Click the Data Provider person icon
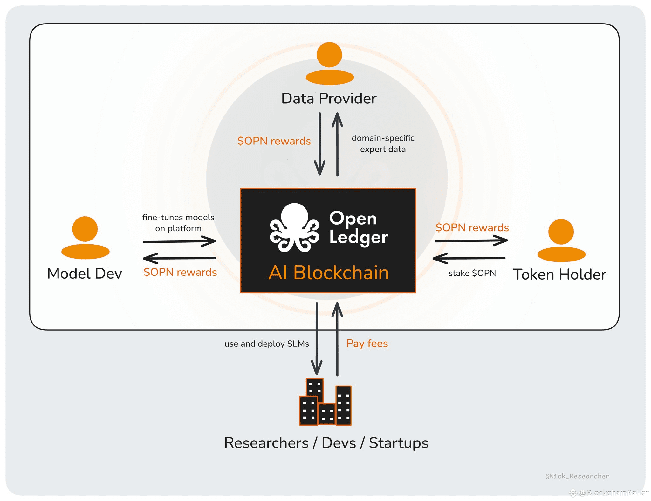[330, 63]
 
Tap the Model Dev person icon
[85, 238]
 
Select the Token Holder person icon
[561, 240]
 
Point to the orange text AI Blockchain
[329, 273]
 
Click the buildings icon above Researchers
[325, 402]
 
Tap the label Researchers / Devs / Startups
[326, 443]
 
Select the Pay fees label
[367, 344]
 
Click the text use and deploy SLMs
[266, 344]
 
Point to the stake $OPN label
[472, 273]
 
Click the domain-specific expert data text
[383, 143]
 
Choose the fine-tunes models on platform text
[178, 223]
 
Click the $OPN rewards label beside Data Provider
[274, 141]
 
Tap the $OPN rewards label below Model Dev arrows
[180, 272]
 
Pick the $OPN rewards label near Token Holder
[472, 228]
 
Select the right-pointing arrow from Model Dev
[179, 241]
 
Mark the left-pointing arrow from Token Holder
[469, 258]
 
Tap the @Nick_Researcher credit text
[577, 476]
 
